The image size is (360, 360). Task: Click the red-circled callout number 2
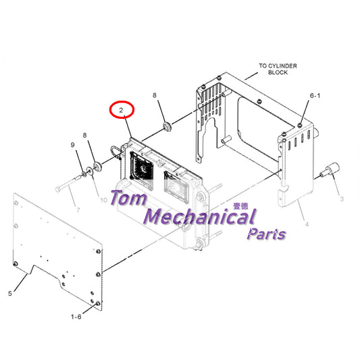coord(121,110)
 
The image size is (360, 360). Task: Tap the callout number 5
coord(10,293)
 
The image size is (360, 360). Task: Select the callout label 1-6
coord(76,317)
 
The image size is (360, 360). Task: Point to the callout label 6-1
coord(315,95)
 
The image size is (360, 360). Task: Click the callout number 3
coord(342,199)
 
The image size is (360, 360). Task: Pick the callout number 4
coord(307,224)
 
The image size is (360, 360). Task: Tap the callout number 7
coord(78,209)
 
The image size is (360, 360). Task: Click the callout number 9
coord(72,145)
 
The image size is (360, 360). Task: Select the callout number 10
coord(103,200)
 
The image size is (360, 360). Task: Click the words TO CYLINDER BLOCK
coord(278,69)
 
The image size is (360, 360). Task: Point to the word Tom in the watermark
coord(128,198)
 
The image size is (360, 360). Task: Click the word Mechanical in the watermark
coord(200,217)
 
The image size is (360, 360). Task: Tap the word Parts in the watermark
coord(266,234)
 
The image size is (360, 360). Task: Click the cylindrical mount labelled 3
coord(330,170)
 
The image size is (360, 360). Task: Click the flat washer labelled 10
coord(90,171)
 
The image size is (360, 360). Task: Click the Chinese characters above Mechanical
coord(240,206)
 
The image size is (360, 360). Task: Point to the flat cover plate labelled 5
coord(57,251)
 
